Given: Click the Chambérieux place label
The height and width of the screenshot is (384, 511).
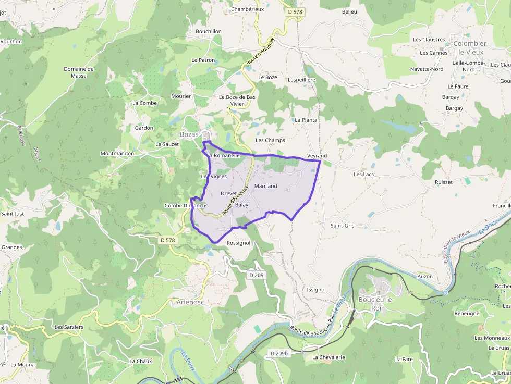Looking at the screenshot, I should (x=248, y=9).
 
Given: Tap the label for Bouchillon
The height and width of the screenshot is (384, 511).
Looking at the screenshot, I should (x=209, y=31).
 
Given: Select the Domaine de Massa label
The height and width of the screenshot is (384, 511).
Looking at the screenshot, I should (x=79, y=72).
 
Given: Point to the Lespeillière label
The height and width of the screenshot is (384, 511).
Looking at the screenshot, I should (x=302, y=80).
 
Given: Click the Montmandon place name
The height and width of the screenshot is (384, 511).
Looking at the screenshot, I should (x=117, y=154).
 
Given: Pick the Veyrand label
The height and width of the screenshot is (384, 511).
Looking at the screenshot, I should (x=317, y=156).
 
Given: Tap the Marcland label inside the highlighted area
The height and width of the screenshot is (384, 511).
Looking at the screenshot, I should (x=266, y=186).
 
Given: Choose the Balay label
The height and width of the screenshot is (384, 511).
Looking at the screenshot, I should (x=241, y=205).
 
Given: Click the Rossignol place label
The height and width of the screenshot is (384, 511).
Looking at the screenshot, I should (x=239, y=243).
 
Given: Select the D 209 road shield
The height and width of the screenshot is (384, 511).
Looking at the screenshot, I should (x=257, y=275).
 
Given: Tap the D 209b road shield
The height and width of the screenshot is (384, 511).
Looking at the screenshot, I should (x=279, y=354).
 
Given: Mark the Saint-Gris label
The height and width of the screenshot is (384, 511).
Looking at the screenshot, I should (x=343, y=226).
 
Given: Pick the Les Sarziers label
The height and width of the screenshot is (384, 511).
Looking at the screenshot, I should (x=69, y=327).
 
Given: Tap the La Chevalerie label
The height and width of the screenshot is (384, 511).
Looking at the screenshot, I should (x=329, y=357).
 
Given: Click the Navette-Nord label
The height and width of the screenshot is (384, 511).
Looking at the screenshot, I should (x=427, y=69).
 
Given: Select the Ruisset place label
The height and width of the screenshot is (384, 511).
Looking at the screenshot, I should (x=444, y=182).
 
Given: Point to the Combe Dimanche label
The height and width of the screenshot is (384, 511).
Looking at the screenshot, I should (x=186, y=206).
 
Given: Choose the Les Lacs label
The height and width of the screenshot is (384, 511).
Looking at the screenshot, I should (x=364, y=174).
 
